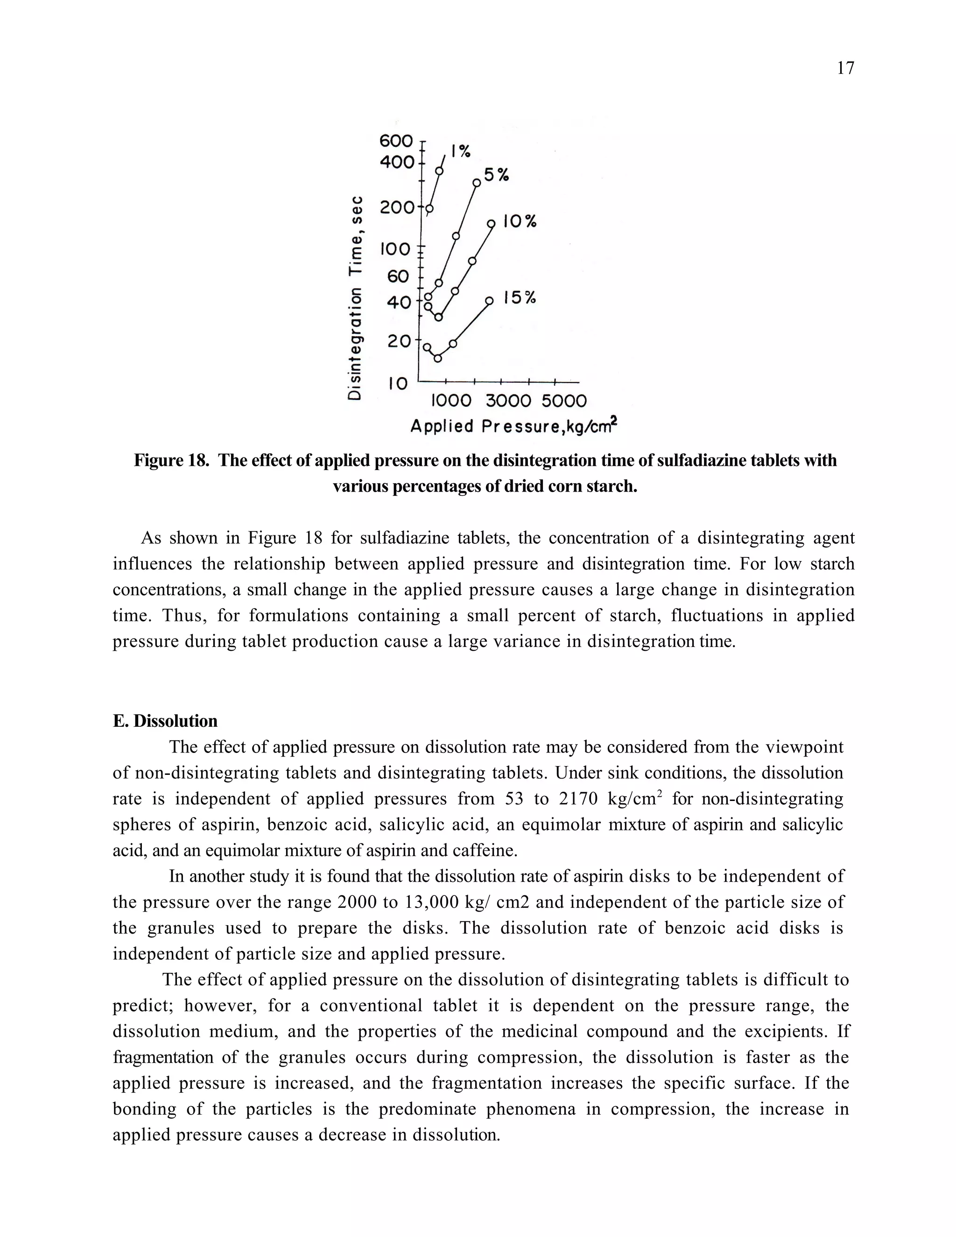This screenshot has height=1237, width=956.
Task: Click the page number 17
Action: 845,69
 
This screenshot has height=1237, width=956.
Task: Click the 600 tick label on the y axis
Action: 396,140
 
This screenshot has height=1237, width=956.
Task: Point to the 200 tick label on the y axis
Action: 397,208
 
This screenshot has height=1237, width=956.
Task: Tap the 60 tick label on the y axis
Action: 398,276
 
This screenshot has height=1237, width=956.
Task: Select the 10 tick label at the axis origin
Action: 398,383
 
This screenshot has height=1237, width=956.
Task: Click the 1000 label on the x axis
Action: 451,401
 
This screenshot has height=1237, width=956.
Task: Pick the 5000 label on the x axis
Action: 563,401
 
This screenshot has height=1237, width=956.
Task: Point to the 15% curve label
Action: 519,297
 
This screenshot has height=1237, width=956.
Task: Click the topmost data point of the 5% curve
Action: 477,183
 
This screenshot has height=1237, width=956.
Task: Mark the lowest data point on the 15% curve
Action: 438,358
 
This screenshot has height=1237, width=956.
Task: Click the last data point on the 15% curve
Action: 489,301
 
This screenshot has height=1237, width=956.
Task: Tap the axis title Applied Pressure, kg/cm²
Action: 513,425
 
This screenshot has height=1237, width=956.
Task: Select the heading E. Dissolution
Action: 165,721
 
